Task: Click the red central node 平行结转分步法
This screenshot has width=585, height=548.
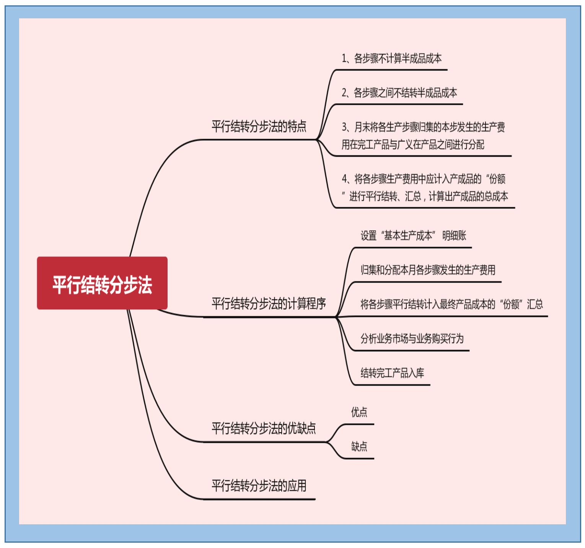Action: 102,283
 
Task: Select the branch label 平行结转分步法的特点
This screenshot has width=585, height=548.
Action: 259,126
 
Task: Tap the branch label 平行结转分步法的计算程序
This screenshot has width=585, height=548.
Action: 269,304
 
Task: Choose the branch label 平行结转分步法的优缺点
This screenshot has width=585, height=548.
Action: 264,428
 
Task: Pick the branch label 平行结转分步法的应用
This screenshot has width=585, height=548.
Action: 259,486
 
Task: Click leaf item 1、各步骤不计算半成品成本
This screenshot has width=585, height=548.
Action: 391,59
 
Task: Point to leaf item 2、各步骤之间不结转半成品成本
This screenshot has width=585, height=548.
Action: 399,93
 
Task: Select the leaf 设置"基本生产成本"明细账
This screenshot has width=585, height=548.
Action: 413,236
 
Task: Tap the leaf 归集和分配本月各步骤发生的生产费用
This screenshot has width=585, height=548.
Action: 428,270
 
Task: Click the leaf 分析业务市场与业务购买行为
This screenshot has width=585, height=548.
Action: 412,338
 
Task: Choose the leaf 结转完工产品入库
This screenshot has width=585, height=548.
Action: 392,373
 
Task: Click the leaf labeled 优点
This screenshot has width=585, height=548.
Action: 359,412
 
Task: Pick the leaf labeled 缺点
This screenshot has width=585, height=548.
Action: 359,446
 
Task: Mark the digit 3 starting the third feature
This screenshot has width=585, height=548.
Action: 344,127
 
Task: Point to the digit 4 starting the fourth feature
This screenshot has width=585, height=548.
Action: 344,179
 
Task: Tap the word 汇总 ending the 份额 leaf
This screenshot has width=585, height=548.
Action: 535,304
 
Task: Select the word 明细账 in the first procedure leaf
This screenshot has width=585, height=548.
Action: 454,236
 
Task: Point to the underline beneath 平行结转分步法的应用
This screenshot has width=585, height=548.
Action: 259,499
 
